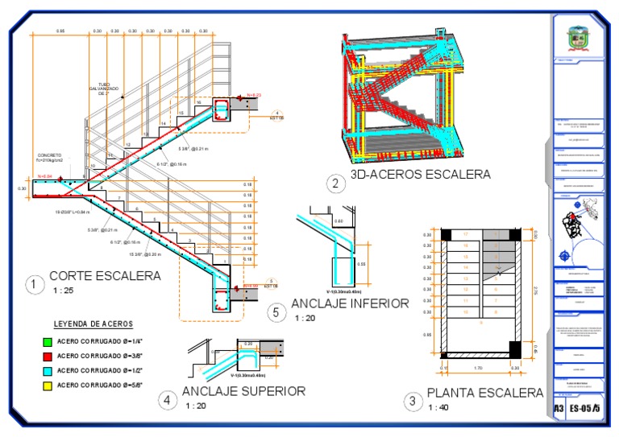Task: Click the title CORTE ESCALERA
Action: (104, 275)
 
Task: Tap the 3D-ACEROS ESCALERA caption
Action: (420, 174)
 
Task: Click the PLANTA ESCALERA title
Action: (484, 393)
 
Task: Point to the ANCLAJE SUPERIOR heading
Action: (243, 391)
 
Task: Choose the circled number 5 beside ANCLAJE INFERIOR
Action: (276, 311)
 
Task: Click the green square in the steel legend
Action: (48, 341)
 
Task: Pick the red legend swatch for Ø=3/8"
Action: (48, 356)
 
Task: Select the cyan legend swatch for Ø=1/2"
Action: (48, 370)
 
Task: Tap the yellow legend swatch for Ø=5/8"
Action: (48, 385)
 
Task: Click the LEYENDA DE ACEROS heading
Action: (93, 324)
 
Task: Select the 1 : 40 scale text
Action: (438, 407)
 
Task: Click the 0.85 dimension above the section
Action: (60, 31)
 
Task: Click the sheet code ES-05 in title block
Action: (580, 409)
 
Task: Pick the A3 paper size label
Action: (559, 409)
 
